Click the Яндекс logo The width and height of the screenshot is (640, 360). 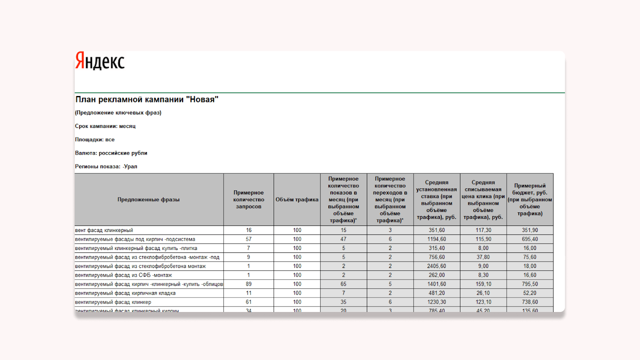tap(100, 61)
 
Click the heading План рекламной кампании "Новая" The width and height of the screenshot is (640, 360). tap(147, 100)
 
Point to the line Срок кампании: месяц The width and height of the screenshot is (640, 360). tap(105, 126)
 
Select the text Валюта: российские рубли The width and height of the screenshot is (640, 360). tap(111, 153)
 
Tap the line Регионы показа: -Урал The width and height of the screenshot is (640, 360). tap(106, 166)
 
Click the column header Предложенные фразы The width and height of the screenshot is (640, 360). tap(148, 200)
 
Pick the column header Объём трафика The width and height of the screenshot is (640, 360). tap(297, 200)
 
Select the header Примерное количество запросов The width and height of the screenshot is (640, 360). tap(248, 200)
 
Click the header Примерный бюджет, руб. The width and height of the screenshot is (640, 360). tap(530, 200)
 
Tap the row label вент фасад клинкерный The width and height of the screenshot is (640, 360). tap(104, 230)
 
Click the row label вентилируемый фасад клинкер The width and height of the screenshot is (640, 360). tap(113, 302)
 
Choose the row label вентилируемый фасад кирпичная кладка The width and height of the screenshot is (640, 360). tap(125, 293)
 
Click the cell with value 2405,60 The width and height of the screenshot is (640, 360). tap(436, 266)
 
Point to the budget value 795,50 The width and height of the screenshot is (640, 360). tap(530, 284)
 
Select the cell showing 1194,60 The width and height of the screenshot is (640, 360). tap(436, 239)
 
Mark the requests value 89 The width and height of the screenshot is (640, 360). tap(248, 284)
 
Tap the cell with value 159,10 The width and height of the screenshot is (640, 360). tap(483, 284)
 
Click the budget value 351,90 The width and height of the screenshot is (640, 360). tap(530, 230)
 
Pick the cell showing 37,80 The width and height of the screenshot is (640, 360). tap(483, 257)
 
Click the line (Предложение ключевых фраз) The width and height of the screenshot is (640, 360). tap(118, 113)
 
